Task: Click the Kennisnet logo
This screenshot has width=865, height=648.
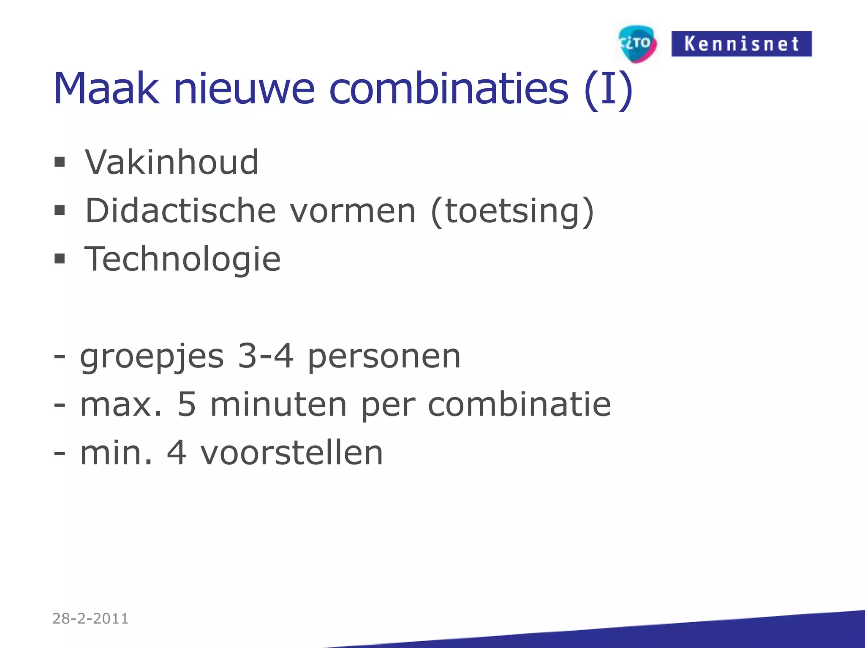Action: (x=741, y=44)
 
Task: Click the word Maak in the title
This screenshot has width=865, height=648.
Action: (x=106, y=89)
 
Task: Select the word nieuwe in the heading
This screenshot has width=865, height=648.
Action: (x=244, y=89)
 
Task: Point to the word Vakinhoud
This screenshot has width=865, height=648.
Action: (x=171, y=162)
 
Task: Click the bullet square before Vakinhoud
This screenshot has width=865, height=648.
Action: (x=60, y=162)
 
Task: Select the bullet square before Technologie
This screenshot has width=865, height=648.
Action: (x=60, y=258)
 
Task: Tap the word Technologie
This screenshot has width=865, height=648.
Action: (x=182, y=259)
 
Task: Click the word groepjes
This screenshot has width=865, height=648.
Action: (x=152, y=357)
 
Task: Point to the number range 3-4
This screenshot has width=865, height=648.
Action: (x=266, y=356)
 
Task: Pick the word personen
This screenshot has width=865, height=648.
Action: (x=384, y=358)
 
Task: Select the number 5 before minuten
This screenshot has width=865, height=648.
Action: (x=187, y=404)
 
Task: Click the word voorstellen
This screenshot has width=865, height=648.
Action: (x=291, y=453)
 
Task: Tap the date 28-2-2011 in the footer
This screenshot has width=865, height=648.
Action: (x=90, y=618)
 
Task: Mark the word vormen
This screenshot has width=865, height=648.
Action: (x=353, y=211)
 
